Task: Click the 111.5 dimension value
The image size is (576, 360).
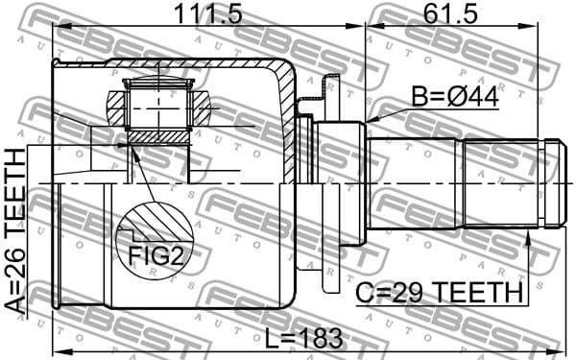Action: click(207, 14)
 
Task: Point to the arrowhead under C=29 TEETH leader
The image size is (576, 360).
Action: click(527, 232)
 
